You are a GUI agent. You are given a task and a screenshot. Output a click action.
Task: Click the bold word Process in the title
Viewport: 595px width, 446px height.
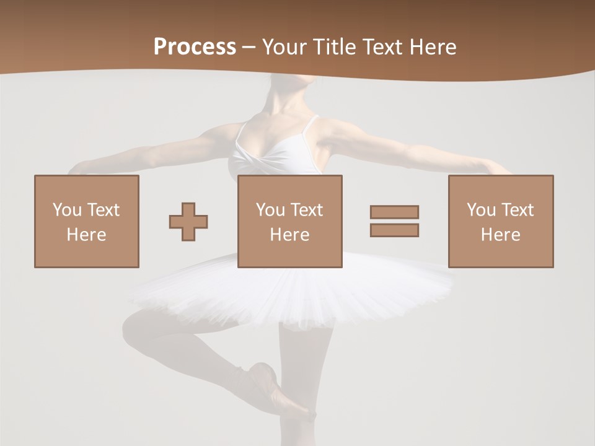(x=195, y=47)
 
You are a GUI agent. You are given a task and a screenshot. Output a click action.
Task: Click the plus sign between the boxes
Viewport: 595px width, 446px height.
(x=188, y=221)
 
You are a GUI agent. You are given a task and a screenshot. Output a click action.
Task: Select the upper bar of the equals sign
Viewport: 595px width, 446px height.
(x=394, y=212)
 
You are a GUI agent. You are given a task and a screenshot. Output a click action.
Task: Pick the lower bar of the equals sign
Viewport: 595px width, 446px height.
(x=394, y=230)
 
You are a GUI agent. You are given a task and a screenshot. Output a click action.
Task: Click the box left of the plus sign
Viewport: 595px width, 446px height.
(x=86, y=221)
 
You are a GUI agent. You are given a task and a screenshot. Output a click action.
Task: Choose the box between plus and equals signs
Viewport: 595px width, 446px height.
(x=289, y=221)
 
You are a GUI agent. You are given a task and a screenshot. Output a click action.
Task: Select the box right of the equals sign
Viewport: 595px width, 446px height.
(x=500, y=221)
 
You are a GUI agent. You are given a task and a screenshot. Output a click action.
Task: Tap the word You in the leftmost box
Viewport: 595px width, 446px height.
(x=66, y=209)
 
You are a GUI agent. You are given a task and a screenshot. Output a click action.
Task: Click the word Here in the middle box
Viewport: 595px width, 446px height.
(x=289, y=234)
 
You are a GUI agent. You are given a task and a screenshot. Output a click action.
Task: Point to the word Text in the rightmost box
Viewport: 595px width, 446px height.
(x=518, y=209)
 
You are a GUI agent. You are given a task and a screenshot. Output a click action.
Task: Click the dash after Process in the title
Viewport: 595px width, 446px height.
(x=249, y=47)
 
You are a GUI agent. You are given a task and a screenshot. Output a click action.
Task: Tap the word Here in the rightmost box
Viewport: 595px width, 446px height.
(x=500, y=234)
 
